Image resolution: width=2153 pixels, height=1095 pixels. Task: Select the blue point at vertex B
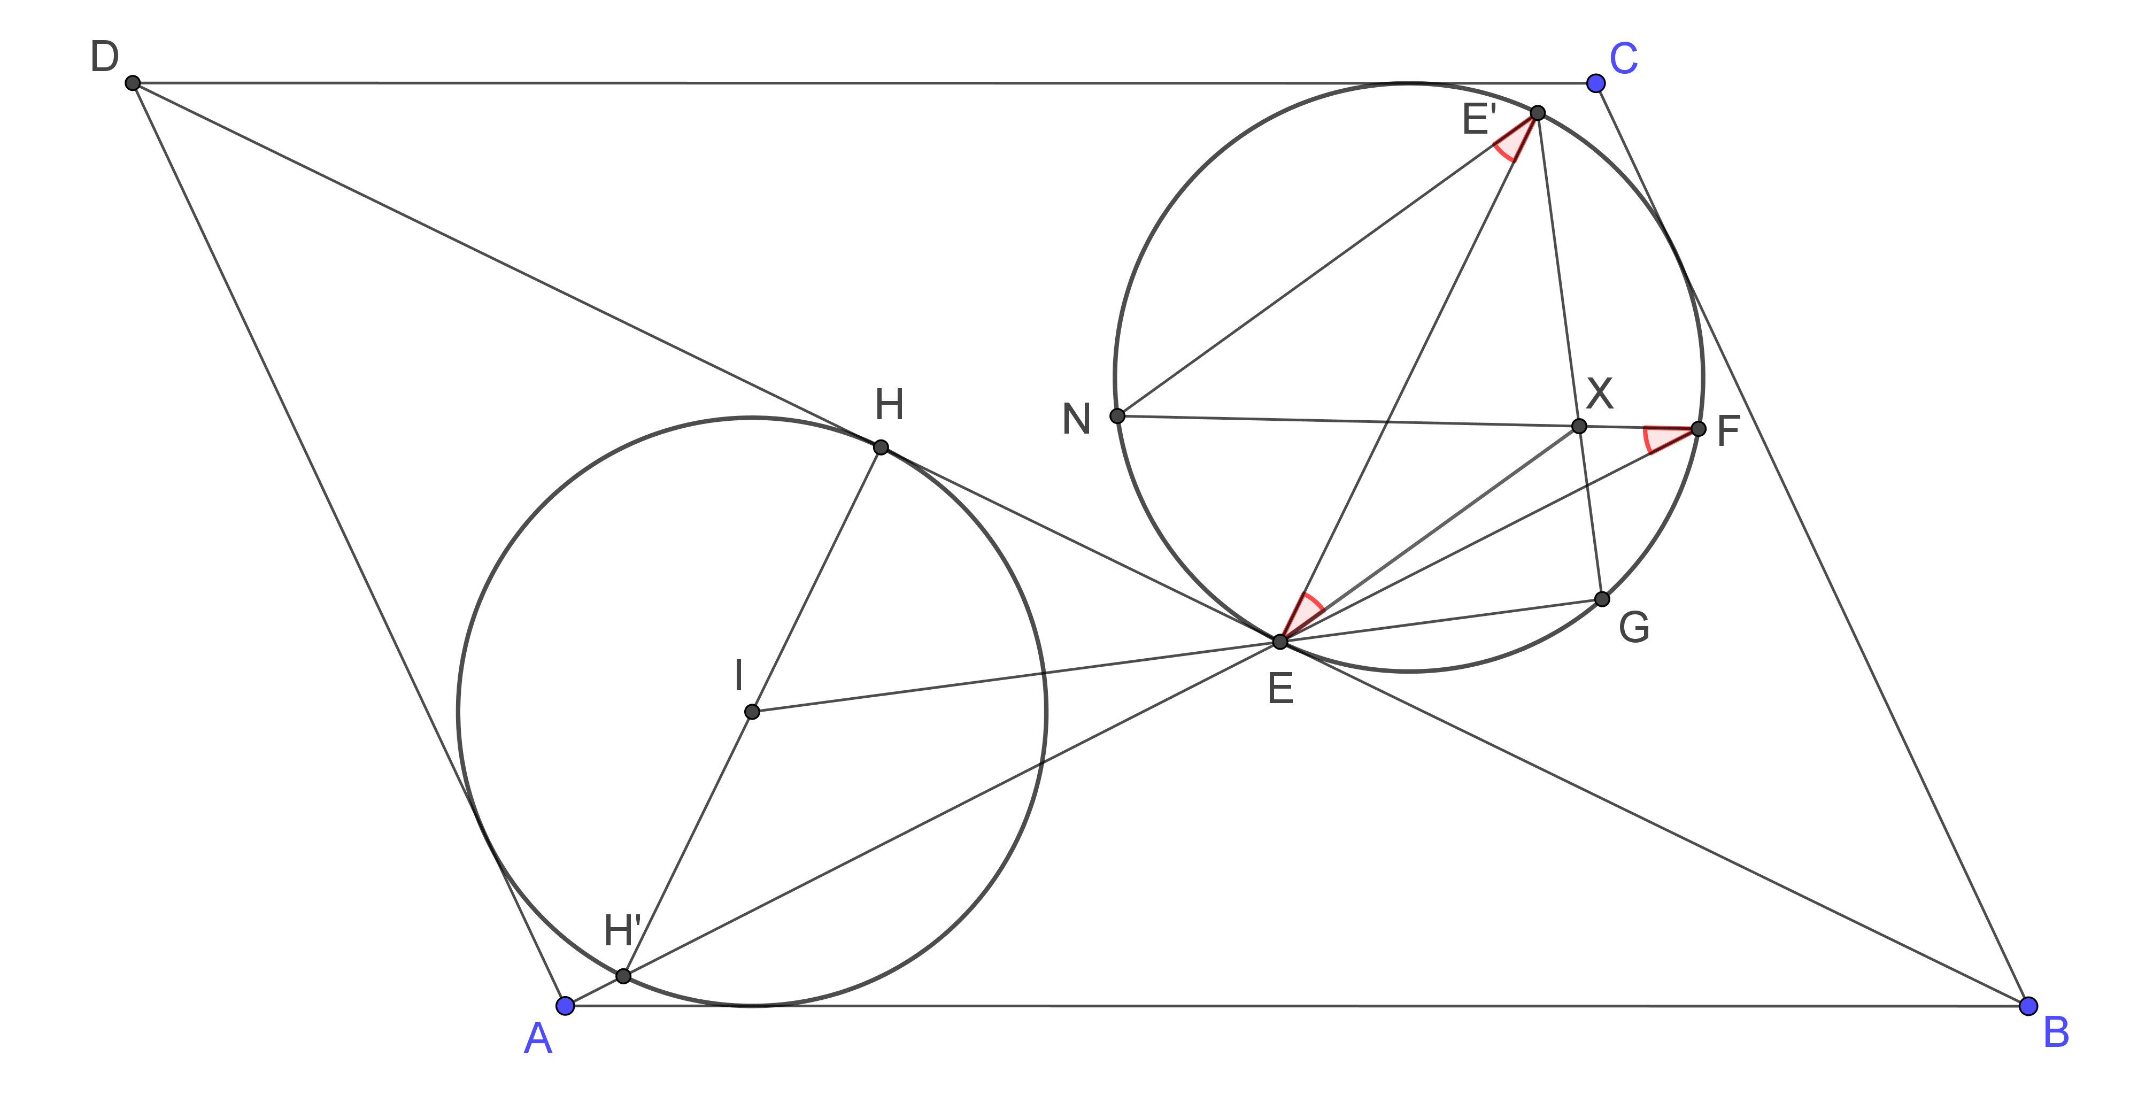[2028, 1006]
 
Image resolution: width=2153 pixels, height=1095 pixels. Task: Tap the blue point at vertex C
[1595, 83]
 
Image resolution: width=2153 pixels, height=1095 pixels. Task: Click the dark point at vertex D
[132, 83]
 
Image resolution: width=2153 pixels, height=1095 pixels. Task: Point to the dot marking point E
[1279, 641]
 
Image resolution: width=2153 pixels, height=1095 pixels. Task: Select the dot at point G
[1601, 598]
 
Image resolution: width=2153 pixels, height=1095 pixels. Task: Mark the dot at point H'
[623, 975]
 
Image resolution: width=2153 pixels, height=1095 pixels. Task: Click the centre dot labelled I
[751, 711]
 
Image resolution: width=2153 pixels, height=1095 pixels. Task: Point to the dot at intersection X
[1579, 426]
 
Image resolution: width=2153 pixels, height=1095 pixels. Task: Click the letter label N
[1077, 420]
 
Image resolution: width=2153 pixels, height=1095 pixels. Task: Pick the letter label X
[1600, 393]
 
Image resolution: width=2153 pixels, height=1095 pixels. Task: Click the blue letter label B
[2056, 1033]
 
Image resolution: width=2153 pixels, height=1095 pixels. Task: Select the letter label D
[104, 58]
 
